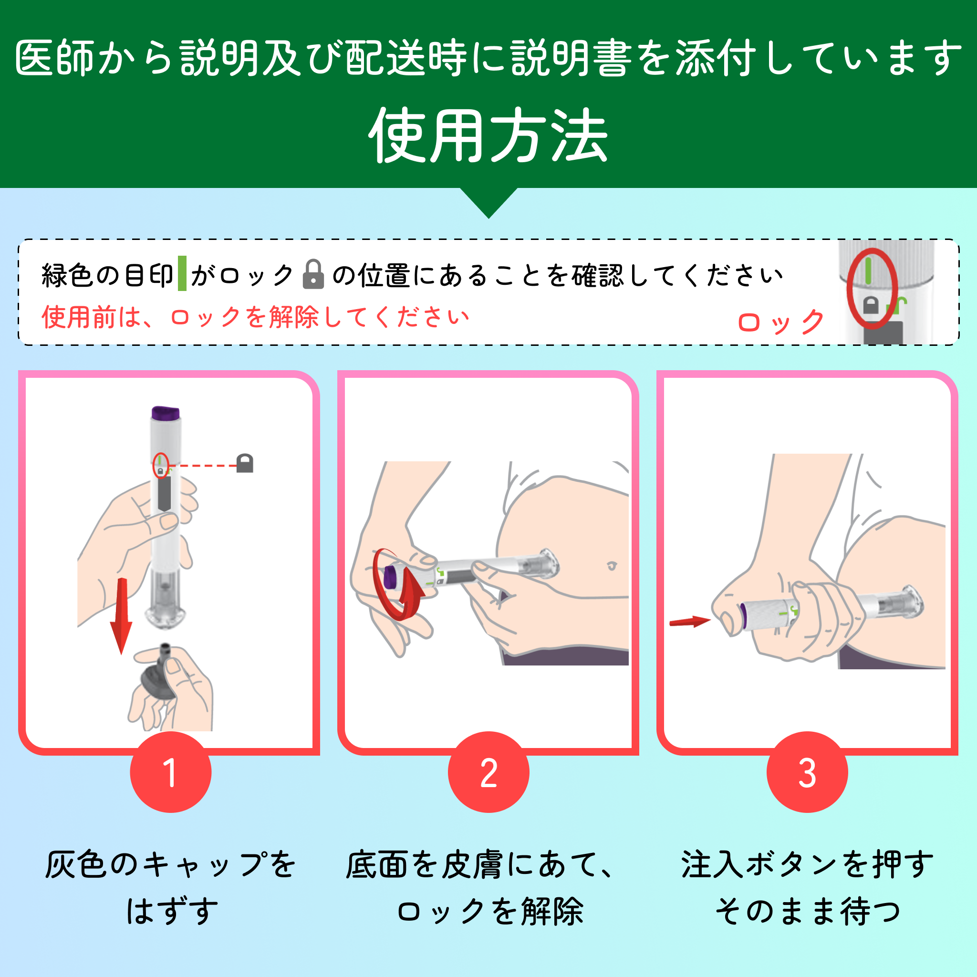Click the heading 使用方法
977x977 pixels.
[488, 135]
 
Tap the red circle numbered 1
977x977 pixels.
[171, 772]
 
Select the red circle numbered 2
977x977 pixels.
[488, 772]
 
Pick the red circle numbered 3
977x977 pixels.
[807, 772]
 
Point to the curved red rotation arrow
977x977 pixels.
[397, 584]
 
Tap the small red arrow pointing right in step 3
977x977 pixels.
[690, 622]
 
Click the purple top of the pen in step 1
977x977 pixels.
[166, 413]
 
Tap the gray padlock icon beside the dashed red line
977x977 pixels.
[245, 463]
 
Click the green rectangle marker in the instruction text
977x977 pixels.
[182, 273]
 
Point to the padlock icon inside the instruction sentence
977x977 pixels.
[313, 275]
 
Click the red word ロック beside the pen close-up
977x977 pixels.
[781, 322]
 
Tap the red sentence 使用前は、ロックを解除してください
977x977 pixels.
[255, 318]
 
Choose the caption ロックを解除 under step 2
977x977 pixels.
[490, 912]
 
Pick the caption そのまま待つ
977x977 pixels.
[808, 912]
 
